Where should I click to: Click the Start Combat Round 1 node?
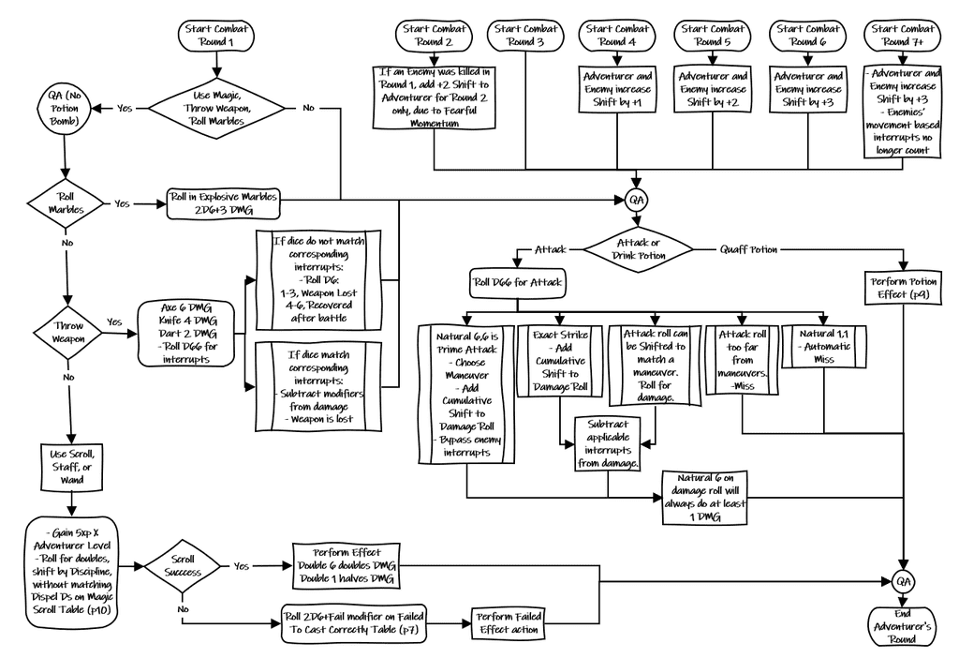tap(217, 36)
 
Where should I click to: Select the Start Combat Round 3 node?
tap(525, 36)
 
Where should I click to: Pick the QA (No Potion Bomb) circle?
tap(65, 107)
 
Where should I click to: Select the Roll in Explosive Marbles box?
tap(223, 204)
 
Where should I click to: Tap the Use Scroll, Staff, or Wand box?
tap(71, 466)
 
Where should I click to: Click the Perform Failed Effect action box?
tap(507, 623)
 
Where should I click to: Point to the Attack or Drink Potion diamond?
tap(637, 250)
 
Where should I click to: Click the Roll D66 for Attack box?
tap(518, 282)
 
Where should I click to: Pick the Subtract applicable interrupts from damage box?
tap(606, 442)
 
